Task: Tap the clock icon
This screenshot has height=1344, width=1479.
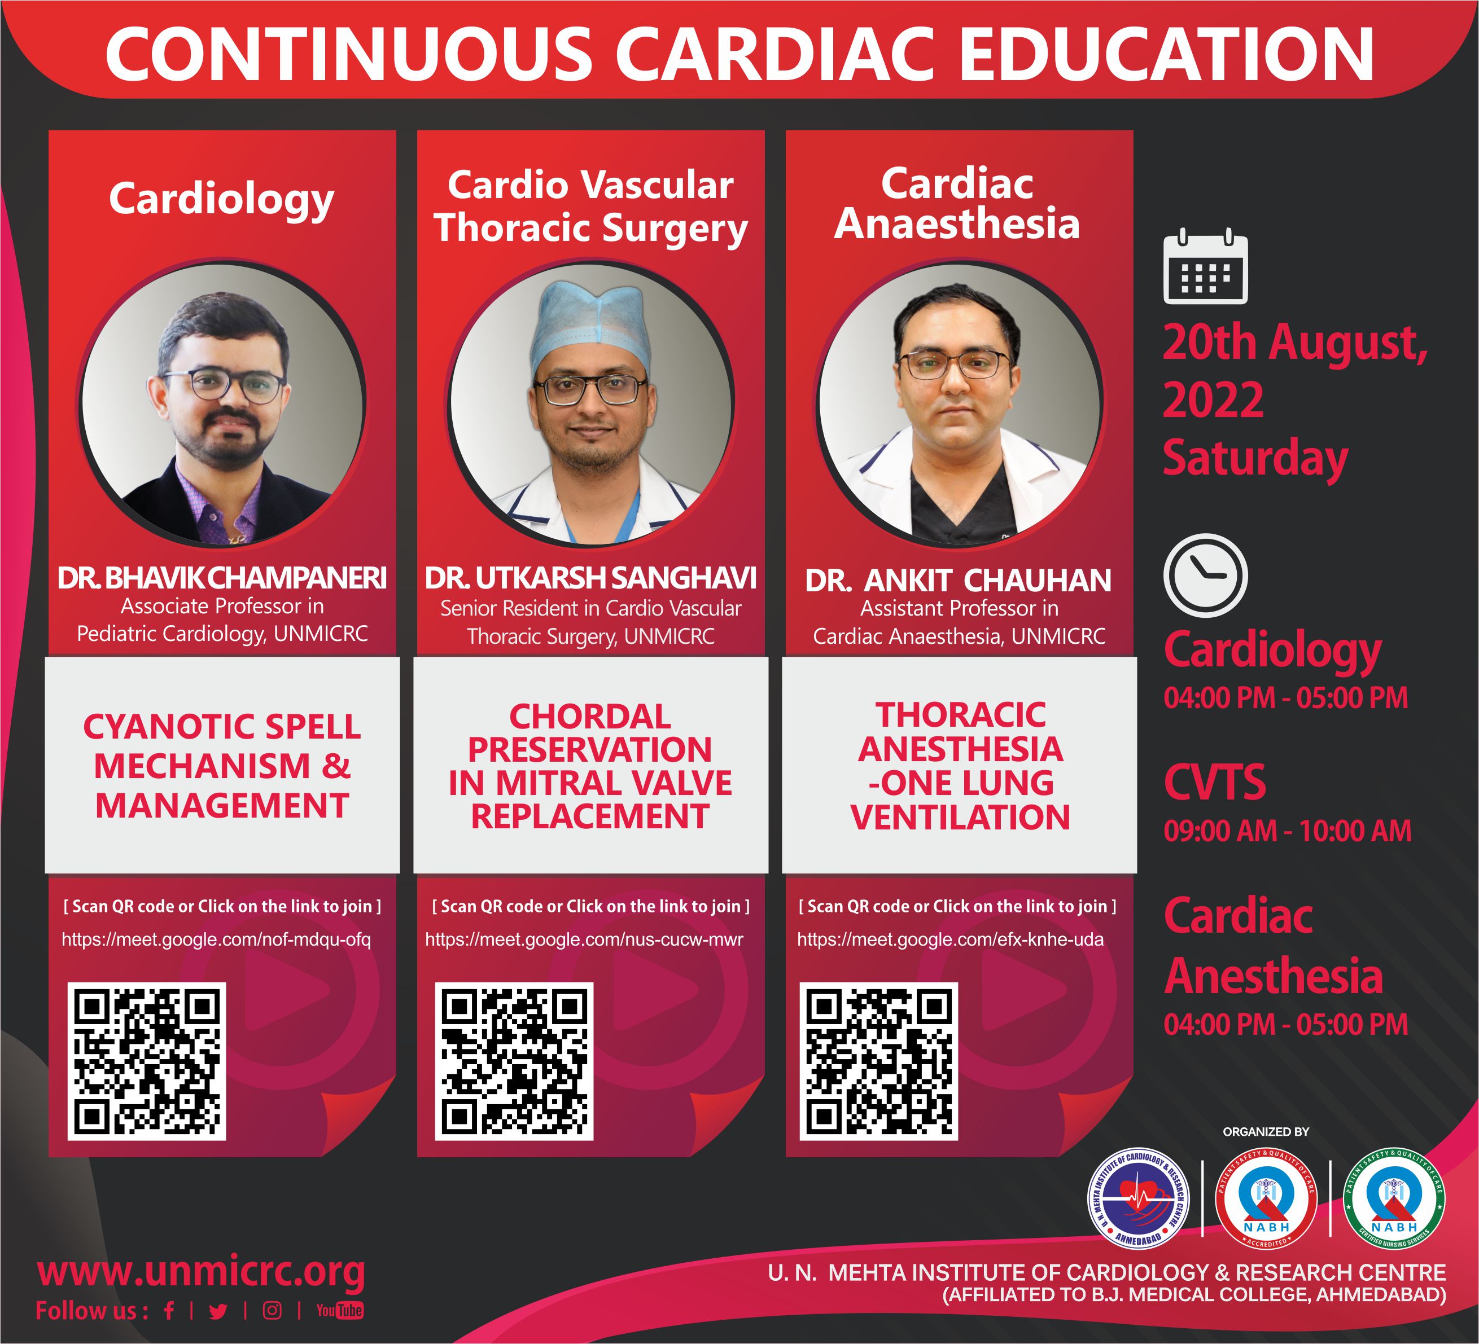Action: pos(1205,576)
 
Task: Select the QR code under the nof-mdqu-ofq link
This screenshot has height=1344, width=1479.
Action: pos(147,1061)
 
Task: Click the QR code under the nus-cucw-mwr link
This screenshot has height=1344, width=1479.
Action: pos(514,1061)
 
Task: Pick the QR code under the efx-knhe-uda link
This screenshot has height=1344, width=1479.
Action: pos(879,1061)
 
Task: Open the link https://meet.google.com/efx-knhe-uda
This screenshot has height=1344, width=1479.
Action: pos(950,939)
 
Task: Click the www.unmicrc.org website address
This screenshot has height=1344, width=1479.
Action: pos(201,1272)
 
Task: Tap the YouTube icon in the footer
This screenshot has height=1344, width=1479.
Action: pos(340,1310)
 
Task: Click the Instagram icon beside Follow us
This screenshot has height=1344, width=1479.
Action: pos(272,1310)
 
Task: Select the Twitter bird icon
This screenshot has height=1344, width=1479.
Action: pos(218,1311)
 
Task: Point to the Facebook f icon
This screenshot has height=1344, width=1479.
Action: pos(169,1310)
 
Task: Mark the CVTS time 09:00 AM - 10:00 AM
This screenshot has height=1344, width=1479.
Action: pos(1288,831)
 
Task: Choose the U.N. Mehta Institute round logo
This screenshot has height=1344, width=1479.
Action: pos(1138,1198)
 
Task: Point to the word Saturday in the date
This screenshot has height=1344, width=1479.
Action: pos(1255,458)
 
